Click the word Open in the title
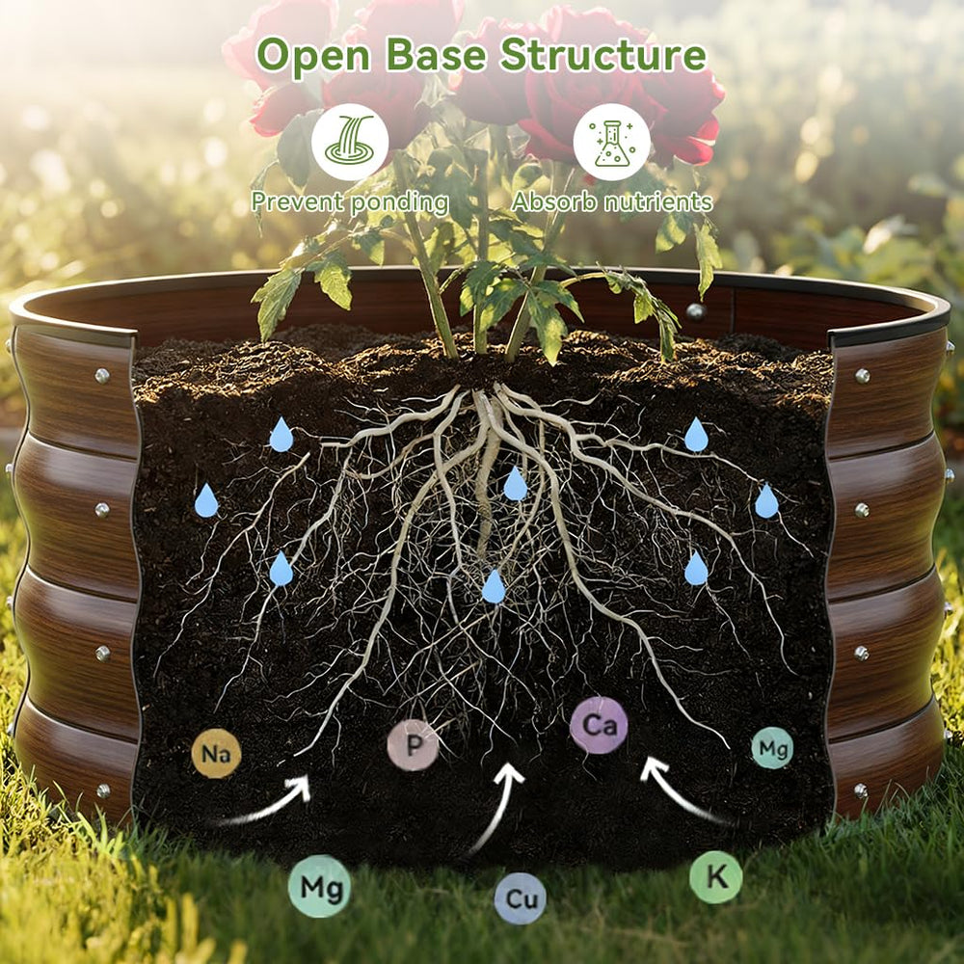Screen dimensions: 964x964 [313, 55]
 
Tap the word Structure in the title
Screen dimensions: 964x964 [603, 54]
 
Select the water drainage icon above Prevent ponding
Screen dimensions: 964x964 [350, 142]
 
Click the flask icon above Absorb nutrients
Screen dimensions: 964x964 [612, 142]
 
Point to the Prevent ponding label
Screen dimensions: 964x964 [350, 202]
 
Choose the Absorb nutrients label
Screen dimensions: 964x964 [612, 201]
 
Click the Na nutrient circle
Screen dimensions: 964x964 [216, 753]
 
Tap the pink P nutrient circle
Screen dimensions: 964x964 [414, 744]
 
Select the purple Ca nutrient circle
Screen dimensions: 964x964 [599, 726]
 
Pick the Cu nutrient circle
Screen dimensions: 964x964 [521, 898]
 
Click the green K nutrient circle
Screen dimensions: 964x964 [715, 876]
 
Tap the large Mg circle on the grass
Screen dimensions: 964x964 [320, 886]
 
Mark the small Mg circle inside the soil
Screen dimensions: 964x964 [772, 748]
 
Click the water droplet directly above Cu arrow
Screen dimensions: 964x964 [493, 586]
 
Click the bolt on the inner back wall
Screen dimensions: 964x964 [695, 311]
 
